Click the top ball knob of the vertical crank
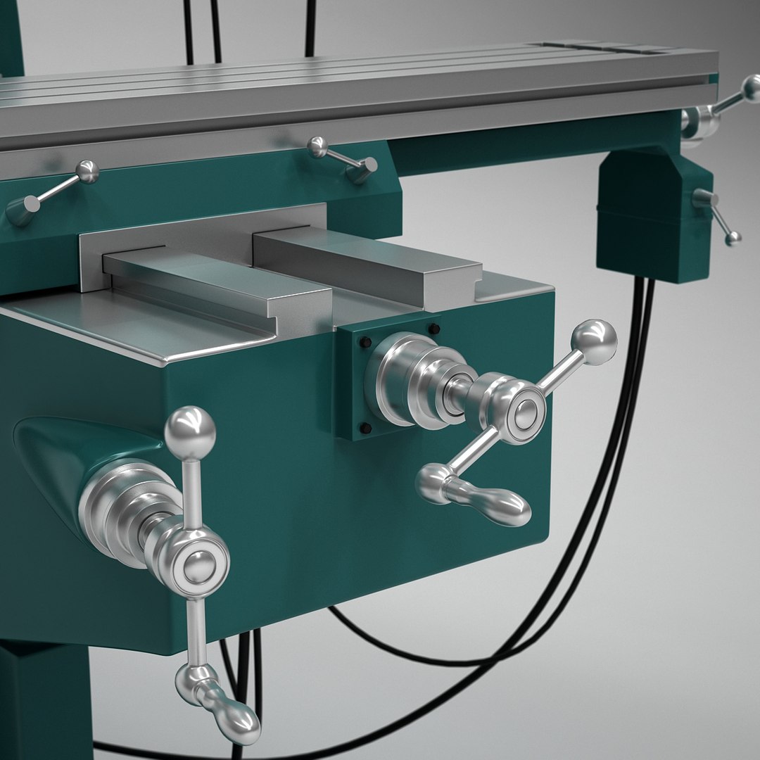(190, 426)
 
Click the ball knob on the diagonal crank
(595, 342)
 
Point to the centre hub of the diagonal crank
(523, 413)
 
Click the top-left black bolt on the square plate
(365, 342)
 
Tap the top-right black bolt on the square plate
(433, 328)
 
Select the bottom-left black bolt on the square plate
(365, 427)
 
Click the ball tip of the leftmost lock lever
(87, 172)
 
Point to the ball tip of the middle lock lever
(317, 147)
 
